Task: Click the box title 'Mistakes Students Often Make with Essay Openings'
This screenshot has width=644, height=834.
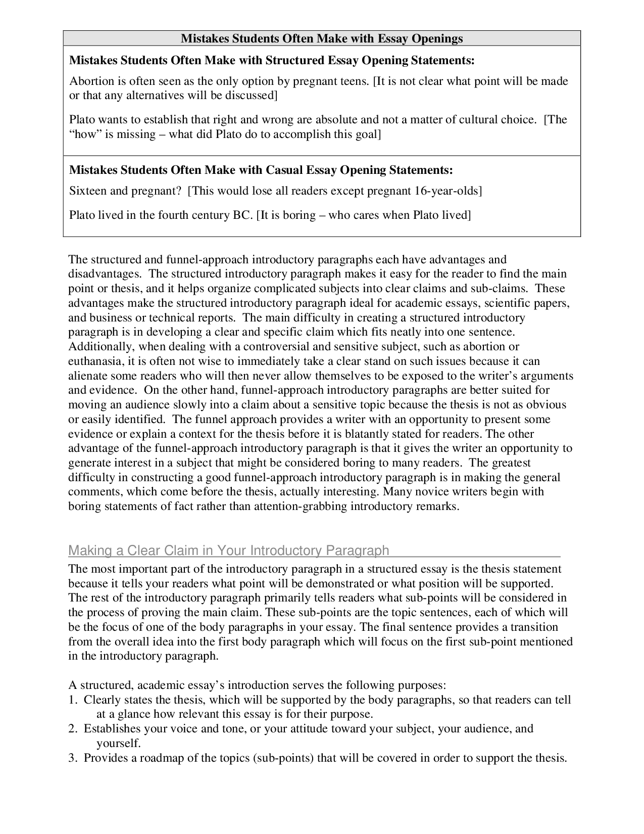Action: coord(322,38)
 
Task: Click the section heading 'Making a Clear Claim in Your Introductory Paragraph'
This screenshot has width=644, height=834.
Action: coord(228,550)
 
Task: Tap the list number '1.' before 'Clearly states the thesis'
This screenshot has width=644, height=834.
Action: coord(73,700)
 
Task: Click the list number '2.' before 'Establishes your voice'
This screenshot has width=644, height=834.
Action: coord(73,729)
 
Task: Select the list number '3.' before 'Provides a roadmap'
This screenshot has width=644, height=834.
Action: coord(73,758)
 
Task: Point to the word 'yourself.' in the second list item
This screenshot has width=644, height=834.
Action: coord(118,744)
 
